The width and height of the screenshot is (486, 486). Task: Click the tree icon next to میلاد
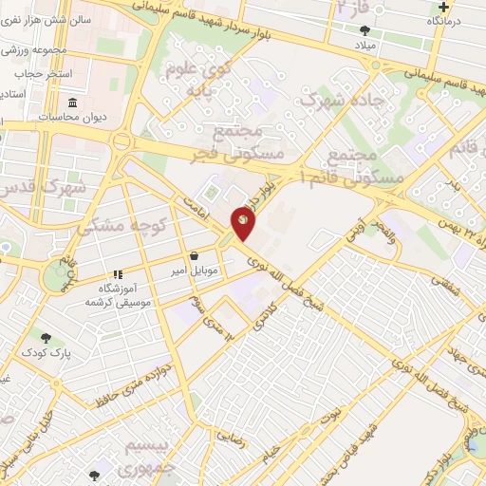[365, 30]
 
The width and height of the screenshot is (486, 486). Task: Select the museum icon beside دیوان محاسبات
[72, 103]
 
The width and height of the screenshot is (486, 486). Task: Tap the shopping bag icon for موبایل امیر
[195, 255]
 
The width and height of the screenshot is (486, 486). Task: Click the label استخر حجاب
[34, 72]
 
